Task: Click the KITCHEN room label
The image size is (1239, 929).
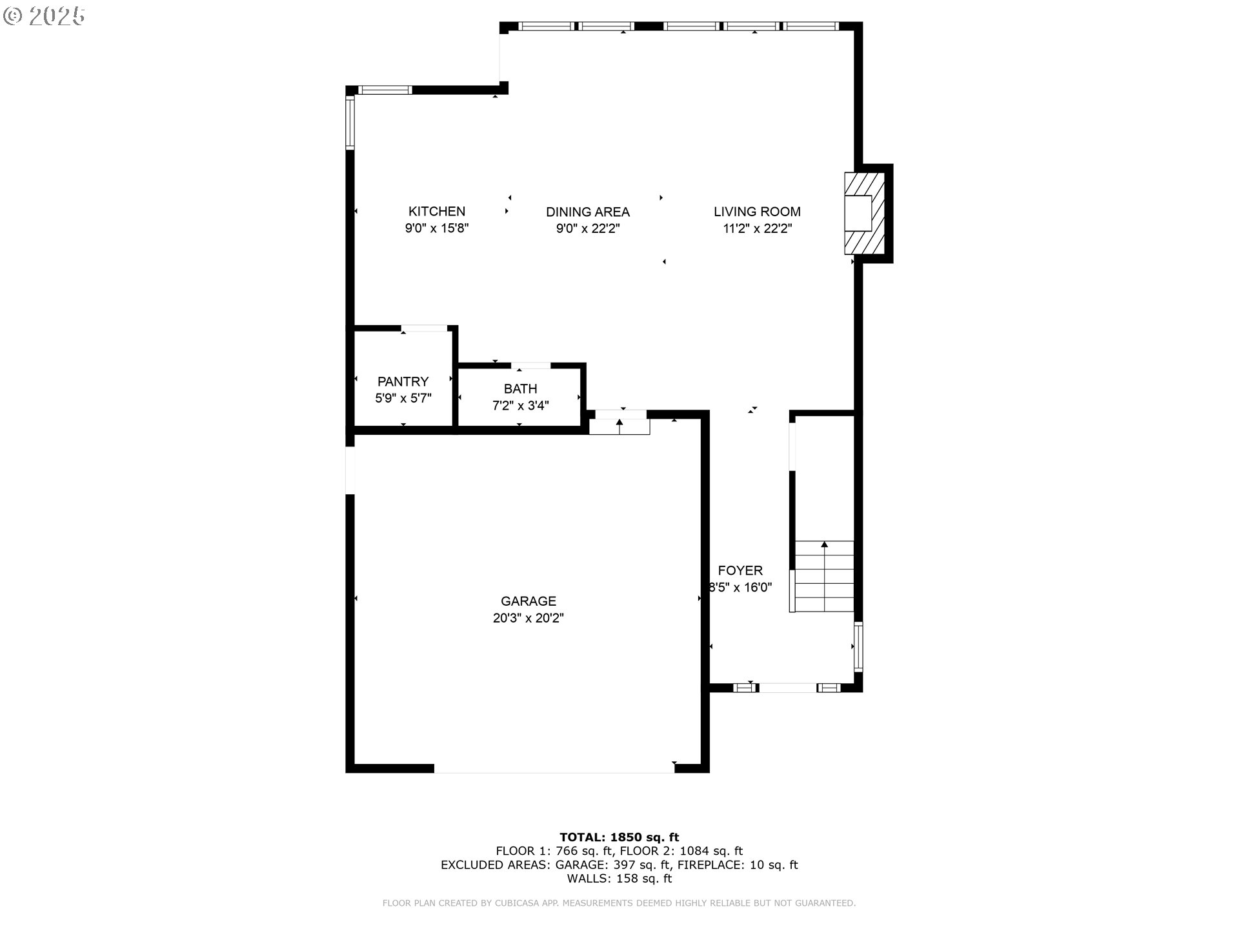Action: coord(436,211)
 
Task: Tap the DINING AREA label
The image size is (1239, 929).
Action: coord(587,212)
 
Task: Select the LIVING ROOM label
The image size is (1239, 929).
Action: coord(757,211)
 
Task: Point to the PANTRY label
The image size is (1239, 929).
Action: coord(403,381)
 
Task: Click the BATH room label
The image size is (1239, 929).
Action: coord(520,388)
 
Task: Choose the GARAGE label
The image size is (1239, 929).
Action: coord(528,601)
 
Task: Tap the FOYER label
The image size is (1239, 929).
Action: coord(740,570)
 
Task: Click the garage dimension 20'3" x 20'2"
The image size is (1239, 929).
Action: coord(528,618)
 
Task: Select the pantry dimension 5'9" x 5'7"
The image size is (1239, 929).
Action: coord(403,398)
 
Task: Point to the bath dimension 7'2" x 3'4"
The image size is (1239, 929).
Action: coord(520,406)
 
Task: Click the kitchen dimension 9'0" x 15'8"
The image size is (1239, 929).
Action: coord(436,228)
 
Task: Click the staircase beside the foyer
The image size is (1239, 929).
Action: coord(823,576)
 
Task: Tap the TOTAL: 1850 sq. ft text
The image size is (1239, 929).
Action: coord(619,837)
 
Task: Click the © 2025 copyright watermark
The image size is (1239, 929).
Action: coord(44,16)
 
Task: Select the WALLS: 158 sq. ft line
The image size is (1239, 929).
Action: coord(619,879)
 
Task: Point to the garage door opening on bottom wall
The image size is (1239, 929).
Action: coord(554,768)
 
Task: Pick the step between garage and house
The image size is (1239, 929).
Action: coord(619,426)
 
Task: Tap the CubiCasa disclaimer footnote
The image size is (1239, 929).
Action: coord(619,903)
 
